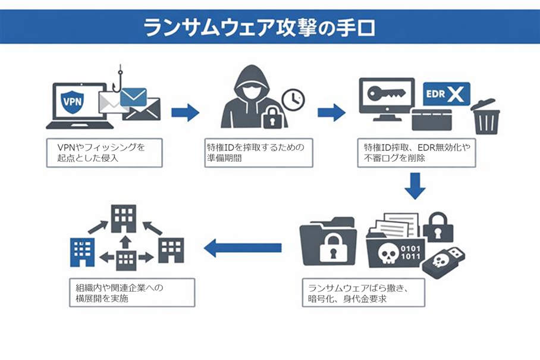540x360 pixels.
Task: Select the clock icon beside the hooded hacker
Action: click(293, 99)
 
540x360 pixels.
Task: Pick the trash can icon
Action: click(485, 117)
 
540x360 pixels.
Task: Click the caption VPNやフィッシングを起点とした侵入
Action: click(104, 152)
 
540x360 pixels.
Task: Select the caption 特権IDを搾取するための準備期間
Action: click(259, 152)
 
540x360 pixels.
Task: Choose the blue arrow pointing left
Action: click(242, 246)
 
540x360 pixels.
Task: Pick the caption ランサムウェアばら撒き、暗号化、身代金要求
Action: click(363, 293)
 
